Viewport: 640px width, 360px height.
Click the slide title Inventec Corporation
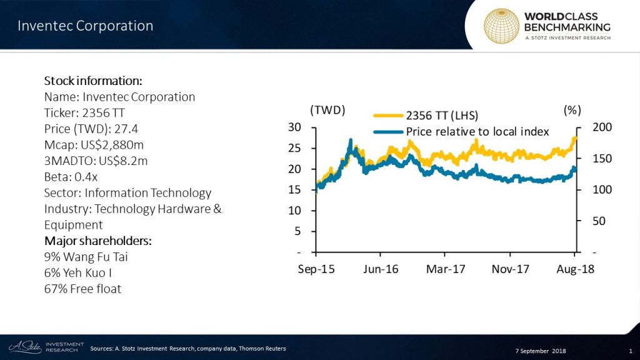tap(85, 26)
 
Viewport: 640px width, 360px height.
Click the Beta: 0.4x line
tap(70, 177)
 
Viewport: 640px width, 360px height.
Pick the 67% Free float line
tap(82, 289)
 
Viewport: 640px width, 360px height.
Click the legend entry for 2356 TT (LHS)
tap(437, 116)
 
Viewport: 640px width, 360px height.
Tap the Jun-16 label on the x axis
tap(381, 269)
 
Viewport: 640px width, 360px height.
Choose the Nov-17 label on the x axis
tap(510, 269)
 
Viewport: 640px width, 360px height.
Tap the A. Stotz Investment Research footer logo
tap(44, 346)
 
